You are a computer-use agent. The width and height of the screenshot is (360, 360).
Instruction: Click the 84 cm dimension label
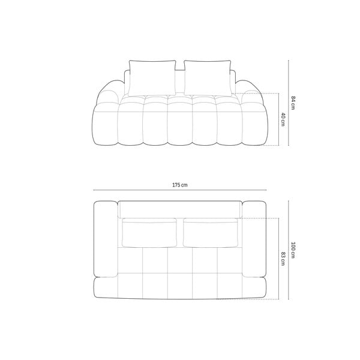point(293,103)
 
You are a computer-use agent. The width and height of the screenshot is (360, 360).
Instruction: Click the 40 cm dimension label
point(283,120)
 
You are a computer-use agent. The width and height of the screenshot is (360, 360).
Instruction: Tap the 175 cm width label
point(180,185)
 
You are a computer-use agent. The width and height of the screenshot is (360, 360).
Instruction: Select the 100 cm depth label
point(293,250)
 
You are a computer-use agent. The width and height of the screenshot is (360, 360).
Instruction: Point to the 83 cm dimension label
point(283,258)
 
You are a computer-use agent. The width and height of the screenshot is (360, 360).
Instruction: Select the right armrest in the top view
point(254,239)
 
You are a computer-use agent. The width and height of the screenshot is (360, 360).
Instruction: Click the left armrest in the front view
point(108,96)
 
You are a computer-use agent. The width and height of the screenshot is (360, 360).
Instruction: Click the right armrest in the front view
point(252,96)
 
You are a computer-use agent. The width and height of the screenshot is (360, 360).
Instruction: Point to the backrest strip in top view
point(180,209)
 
